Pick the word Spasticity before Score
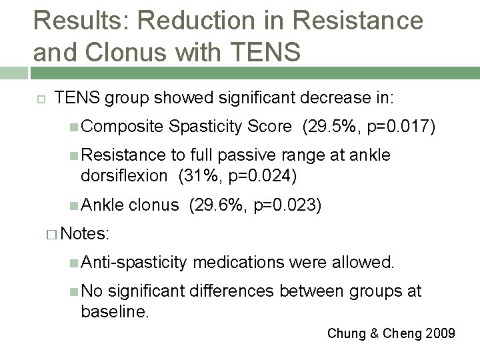pos(206,127)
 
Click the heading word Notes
pos(89,234)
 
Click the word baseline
pos(114,310)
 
